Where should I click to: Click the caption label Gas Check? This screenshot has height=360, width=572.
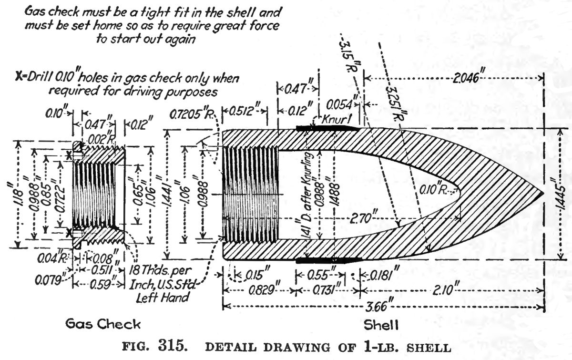coord(103,325)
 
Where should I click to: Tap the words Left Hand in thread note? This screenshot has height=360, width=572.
coord(167,298)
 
